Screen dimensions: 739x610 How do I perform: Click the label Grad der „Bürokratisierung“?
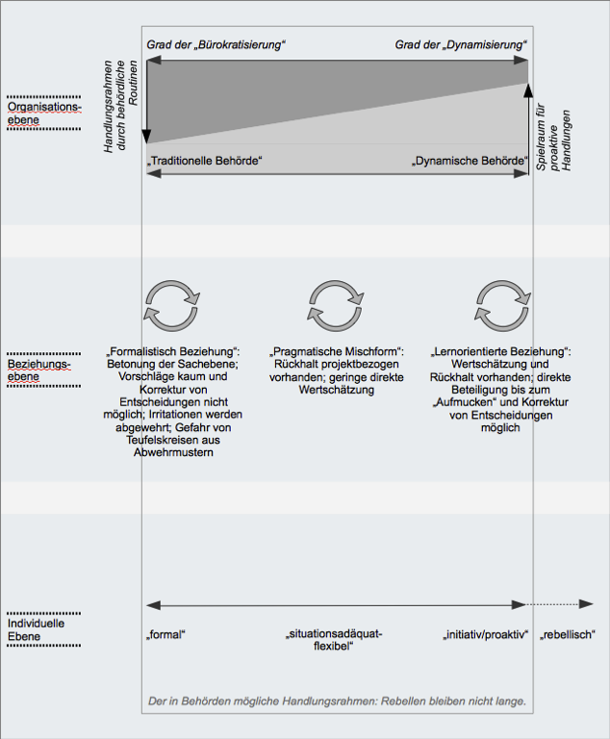point(216,45)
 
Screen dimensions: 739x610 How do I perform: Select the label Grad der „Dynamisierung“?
point(462,45)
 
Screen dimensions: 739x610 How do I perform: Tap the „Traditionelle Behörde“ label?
point(205,161)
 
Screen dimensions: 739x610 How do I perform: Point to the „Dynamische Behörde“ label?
point(470,161)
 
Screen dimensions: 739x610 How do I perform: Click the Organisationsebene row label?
point(44,113)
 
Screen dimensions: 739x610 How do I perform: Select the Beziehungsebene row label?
point(43,370)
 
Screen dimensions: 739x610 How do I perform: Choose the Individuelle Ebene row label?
point(38,629)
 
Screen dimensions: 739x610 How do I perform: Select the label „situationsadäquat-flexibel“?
point(335,641)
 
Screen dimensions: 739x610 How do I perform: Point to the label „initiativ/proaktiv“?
point(486,635)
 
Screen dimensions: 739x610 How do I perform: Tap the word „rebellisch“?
point(568,635)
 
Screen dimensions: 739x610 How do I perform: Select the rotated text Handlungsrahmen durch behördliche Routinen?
point(121,107)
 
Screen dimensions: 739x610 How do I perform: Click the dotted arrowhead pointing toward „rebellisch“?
point(587,605)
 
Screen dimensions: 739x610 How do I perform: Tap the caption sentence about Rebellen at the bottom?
point(336,701)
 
